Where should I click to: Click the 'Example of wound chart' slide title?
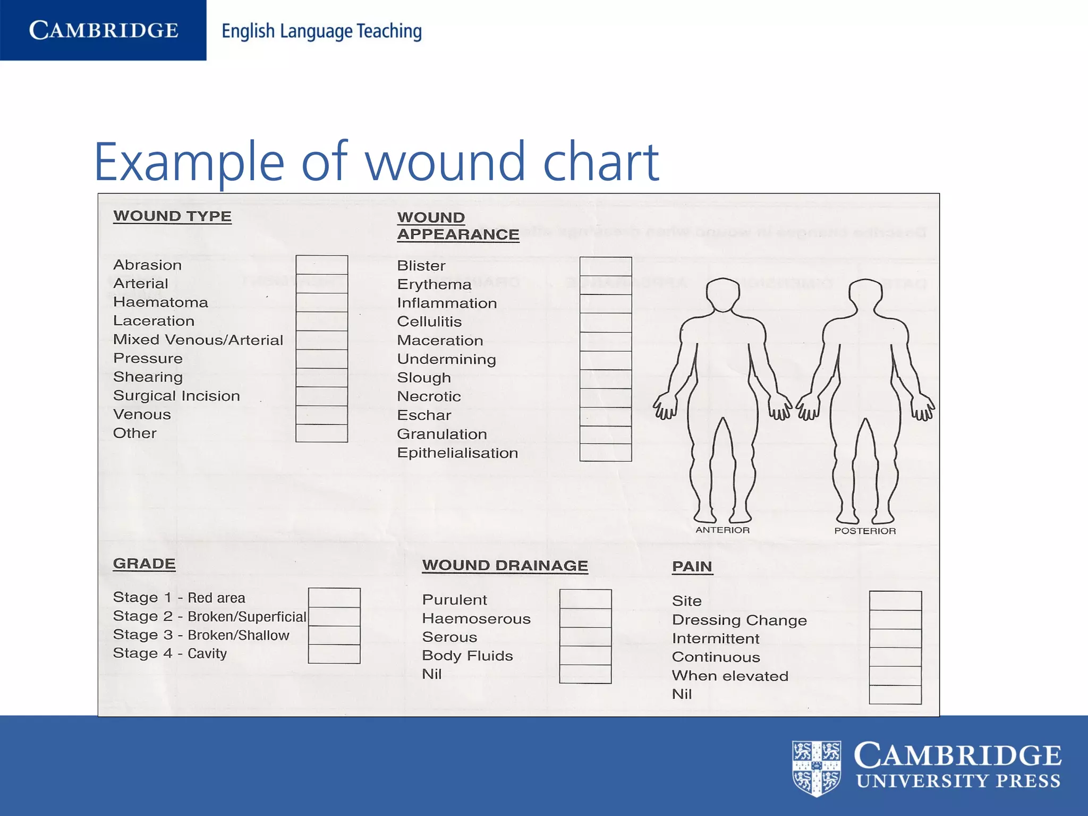pyautogui.click(x=376, y=161)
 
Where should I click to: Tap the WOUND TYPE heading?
pyautogui.click(x=172, y=216)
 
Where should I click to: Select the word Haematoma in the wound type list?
pyautogui.click(x=160, y=302)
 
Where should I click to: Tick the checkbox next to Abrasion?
pyautogui.click(x=321, y=265)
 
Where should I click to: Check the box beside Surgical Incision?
pyautogui.click(x=321, y=396)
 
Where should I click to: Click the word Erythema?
pyautogui.click(x=434, y=285)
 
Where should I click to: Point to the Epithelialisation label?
pyautogui.click(x=457, y=453)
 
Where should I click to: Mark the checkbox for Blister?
pyautogui.click(x=605, y=267)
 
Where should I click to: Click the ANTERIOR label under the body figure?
pyautogui.click(x=722, y=530)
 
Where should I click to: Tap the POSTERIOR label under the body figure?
pyautogui.click(x=865, y=531)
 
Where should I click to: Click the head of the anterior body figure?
pyautogui.click(x=722, y=294)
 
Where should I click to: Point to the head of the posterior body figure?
pyautogui.click(x=865, y=295)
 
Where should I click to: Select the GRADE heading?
pyautogui.click(x=144, y=564)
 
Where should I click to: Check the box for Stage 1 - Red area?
pyautogui.click(x=334, y=598)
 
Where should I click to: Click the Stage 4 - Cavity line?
pyautogui.click(x=170, y=653)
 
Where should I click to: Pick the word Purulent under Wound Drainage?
pyautogui.click(x=454, y=600)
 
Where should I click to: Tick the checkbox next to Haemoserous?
pyautogui.click(x=585, y=618)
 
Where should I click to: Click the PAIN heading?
pyautogui.click(x=692, y=566)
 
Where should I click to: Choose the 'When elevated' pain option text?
pyautogui.click(x=730, y=676)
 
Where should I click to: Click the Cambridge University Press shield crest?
pyautogui.click(x=816, y=768)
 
